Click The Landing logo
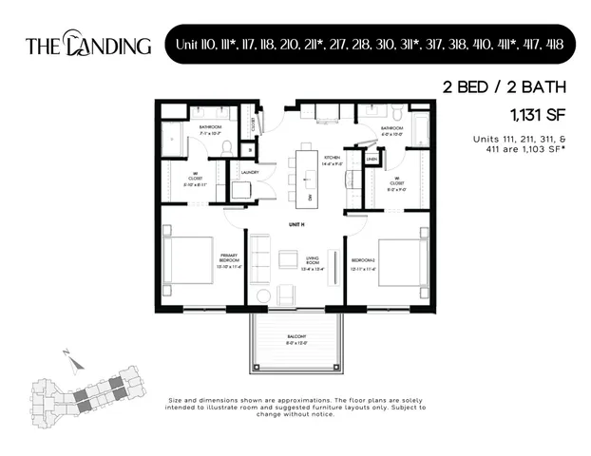click(87, 44)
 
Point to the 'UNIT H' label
click(296, 224)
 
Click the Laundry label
click(250, 172)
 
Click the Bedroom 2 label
click(365, 259)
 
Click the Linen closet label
click(372, 159)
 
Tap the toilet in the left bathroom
click(229, 146)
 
